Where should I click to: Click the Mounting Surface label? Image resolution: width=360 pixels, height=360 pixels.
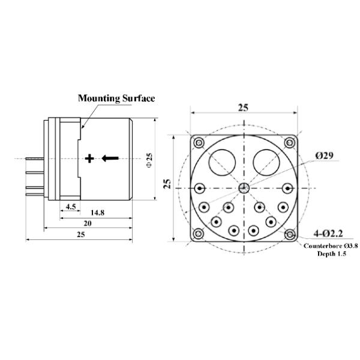(116, 98)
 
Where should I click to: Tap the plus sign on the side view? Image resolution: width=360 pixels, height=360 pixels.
(89, 158)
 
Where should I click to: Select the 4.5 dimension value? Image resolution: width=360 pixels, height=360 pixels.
(70, 206)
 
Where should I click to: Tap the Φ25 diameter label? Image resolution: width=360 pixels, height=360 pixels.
(149, 160)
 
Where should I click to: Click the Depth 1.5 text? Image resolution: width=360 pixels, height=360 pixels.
(329, 254)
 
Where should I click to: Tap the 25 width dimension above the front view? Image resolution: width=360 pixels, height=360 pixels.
(243, 107)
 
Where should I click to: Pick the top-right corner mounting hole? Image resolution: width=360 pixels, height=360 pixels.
(290, 142)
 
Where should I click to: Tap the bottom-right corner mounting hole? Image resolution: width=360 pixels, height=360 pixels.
(290, 234)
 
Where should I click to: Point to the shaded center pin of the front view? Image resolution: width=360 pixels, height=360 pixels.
(244, 188)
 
